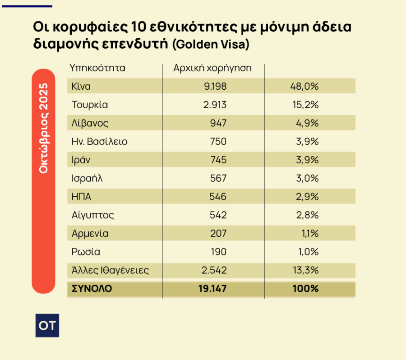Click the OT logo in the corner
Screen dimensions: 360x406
[47, 325]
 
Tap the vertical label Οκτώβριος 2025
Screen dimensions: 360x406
[43, 129]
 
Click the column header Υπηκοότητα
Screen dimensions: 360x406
[97, 68]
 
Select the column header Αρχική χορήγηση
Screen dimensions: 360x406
[212, 68]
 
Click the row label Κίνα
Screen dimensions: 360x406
[81, 86]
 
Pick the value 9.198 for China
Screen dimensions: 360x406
[215, 86]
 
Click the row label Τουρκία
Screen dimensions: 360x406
[90, 105]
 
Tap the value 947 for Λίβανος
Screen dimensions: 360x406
[218, 123]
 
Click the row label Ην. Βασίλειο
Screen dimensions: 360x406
[99, 141]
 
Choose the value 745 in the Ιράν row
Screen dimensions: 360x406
[218, 160]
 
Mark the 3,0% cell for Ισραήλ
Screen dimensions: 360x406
[306, 178]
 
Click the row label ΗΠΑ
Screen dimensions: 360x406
[82, 197]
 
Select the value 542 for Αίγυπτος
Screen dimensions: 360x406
[218, 215]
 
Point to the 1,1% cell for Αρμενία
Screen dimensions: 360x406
[309, 234]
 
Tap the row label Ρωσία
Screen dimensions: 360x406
[86, 252]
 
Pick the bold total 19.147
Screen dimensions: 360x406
[212, 289]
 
